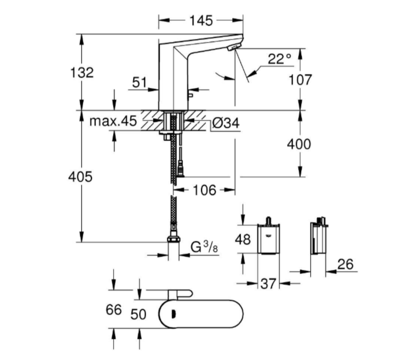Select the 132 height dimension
[x=82, y=72]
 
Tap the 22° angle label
[x=279, y=59]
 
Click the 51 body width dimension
[x=140, y=83]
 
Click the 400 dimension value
[x=299, y=144]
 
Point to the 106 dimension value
[x=204, y=190]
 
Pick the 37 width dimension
[x=269, y=284]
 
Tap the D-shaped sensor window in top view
[x=174, y=314]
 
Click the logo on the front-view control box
[x=268, y=235]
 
